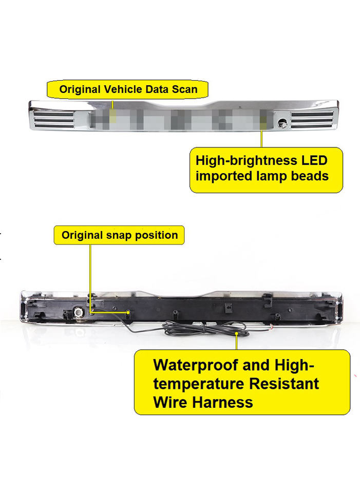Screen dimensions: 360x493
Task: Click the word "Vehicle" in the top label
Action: point(124,89)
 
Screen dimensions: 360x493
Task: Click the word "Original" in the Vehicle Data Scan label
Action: point(81,89)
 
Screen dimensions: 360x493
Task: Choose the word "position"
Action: point(156,235)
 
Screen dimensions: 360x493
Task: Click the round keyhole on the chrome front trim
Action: point(282,123)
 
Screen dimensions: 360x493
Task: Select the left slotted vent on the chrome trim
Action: point(53,119)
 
